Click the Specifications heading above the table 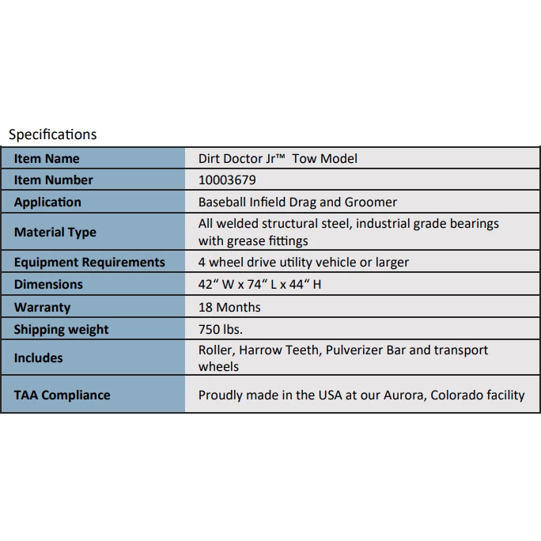pos(52,134)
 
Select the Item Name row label pos(47,158)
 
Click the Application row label pos(47,202)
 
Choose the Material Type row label pos(55,233)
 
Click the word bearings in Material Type pos(472,224)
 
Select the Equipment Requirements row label pos(89,263)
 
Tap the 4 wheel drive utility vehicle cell pos(304,263)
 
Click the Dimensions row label pos(48,285)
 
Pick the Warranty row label pos(42,308)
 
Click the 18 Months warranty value pos(229,308)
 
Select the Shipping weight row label pos(62,330)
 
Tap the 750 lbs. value pos(221,330)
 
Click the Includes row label pos(38,358)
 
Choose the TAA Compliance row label pos(62,395)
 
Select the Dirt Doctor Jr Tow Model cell pos(278,158)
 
